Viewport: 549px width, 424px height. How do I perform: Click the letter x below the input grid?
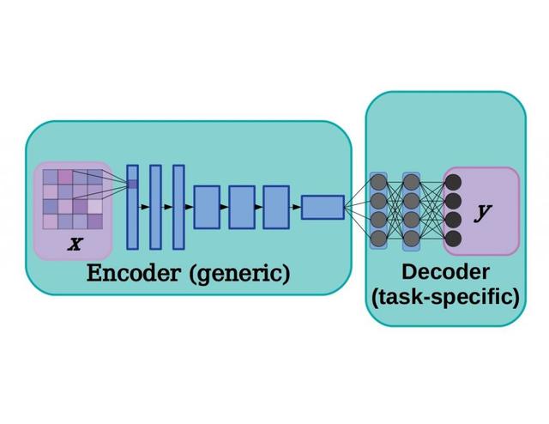point(75,244)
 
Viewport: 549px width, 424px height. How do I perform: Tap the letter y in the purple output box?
point(484,212)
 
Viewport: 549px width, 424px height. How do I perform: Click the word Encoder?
point(134,274)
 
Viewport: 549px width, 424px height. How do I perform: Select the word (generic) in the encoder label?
point(239,275)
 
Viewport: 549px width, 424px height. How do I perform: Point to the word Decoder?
point(445,273)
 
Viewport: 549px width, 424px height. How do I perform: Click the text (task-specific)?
point(445,298)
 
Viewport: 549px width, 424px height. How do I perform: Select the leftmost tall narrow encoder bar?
point(132,207)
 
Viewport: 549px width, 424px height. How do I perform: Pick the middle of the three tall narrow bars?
point(155,207)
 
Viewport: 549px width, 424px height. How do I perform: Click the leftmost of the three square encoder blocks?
point(207,207)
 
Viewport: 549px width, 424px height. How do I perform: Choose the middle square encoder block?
point(242,207)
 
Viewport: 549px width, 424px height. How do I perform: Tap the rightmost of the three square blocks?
point(275,207)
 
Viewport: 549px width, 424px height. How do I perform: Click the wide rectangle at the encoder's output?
point(323,207)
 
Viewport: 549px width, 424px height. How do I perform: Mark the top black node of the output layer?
point(453,181)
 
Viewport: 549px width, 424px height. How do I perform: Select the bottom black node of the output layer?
point(453,238)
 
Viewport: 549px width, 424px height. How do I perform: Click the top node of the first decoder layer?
point(378,181)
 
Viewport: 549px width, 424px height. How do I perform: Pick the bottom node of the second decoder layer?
point(411,238)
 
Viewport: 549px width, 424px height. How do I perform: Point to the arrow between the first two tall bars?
point(144,207)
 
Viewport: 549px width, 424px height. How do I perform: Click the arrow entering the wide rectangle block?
point(295,207)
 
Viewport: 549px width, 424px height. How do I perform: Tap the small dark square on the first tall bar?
point(132,183)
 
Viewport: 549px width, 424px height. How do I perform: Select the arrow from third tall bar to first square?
point(189,207)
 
